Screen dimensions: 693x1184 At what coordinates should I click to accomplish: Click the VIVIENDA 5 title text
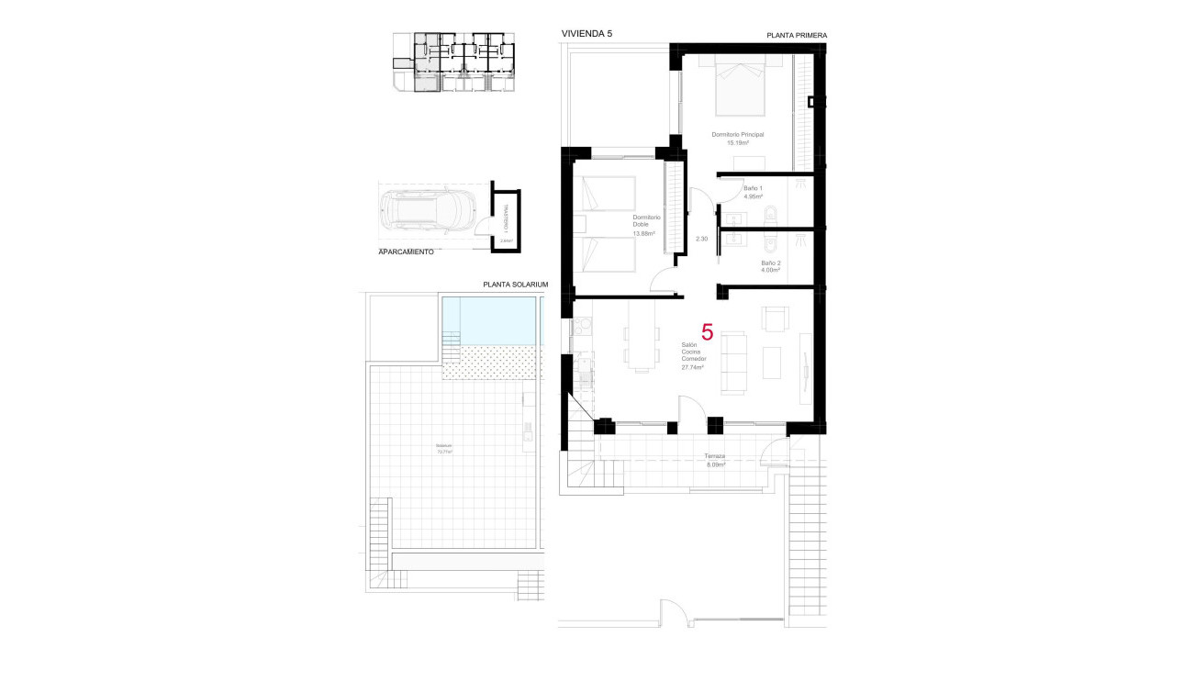(x=586, y=34)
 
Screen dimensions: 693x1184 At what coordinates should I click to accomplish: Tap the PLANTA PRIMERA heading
(x=797, y=36)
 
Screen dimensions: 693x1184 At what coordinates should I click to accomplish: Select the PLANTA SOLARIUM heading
(x=515, y=285)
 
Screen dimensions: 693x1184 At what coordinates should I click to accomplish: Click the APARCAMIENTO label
(x=406, y=251)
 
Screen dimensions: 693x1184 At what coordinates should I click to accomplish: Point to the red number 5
(x=707, y=332)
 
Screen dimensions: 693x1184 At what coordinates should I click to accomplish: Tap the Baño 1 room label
(x=753, y=192)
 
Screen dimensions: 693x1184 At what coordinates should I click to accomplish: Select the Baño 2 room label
(x=770, y=266)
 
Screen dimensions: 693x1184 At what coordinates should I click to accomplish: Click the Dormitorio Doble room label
(x=646, y=225)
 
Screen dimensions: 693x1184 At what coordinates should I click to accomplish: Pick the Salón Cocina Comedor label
(x=692, y=356)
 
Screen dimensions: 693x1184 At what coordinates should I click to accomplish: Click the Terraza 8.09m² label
(x=715, y=461)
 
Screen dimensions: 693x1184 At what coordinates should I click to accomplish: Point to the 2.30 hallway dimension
(x=702, y=239)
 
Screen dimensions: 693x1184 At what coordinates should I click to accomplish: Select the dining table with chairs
(x=641, y=336)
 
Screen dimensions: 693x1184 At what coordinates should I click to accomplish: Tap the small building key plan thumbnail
(x=456, y=62)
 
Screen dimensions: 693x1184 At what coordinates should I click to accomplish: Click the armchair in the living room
(x=775, y=319)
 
